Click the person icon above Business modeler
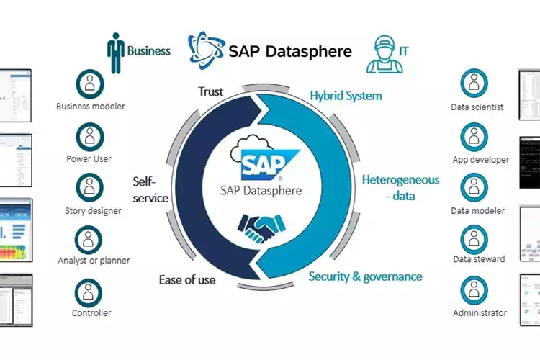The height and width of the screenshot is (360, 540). [x=90, y=84]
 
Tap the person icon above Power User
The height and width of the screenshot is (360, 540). [x=90, y=136]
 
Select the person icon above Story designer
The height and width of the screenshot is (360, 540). [x=90, y=188]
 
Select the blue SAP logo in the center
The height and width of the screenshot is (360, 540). [x=261, y=163]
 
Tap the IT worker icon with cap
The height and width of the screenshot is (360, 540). [x=382, y=54]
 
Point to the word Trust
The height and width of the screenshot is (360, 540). [x=210, y=92]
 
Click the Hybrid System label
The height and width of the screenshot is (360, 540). [x=346, y=95]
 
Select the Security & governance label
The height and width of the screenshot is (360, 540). [x=365, y=276]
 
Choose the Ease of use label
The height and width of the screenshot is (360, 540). [x=187, y=279]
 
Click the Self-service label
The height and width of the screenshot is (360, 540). [x=150, y=189]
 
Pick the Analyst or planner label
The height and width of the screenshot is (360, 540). [x=94, y=260]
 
